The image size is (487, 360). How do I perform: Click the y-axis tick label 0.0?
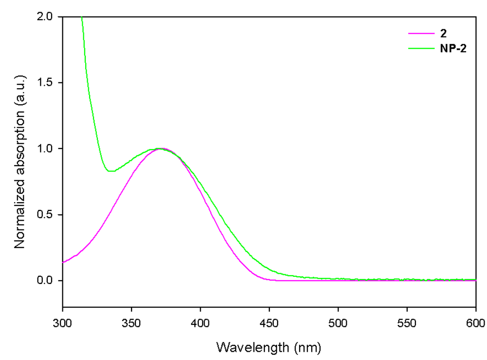click(48, 281)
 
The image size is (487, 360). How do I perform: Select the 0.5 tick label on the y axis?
click(48, 215)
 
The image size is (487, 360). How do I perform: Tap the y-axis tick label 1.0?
click(48, 149)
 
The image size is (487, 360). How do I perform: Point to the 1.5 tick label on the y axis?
click(48, 83)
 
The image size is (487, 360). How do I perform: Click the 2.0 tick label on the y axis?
click(48, 17)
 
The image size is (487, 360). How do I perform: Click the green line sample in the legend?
click(420, 48)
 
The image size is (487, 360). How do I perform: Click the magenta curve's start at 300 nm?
click(63, 263)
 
